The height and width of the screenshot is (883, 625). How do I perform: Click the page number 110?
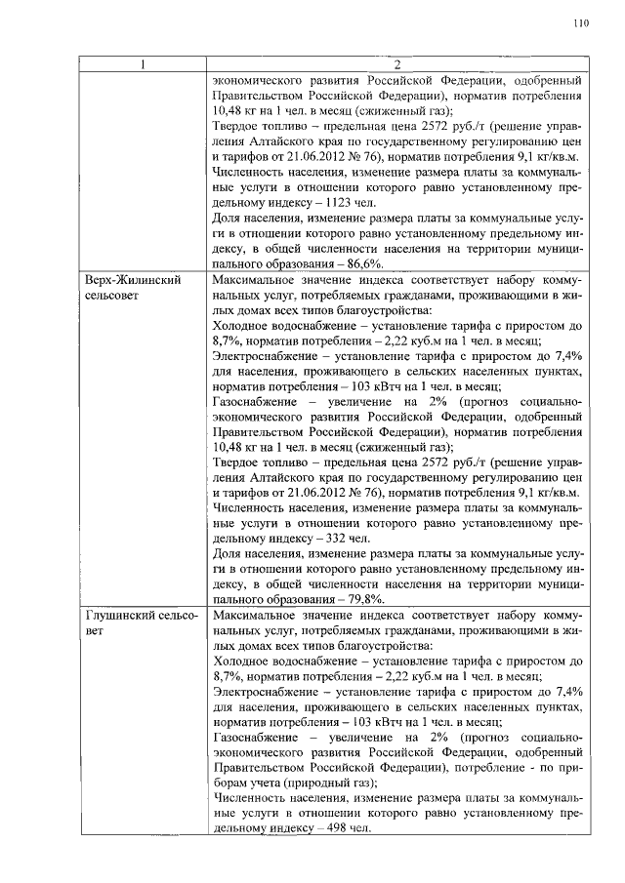582,24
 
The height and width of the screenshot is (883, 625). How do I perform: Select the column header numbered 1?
144,66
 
